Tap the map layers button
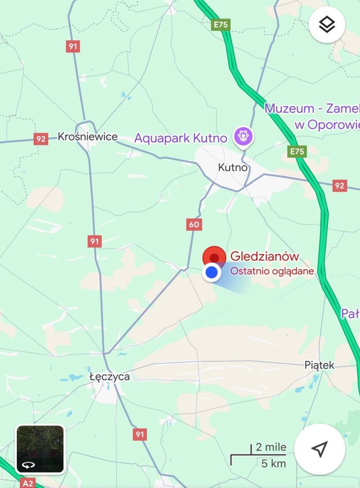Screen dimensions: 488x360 point(326,24)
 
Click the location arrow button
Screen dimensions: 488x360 point(319,449)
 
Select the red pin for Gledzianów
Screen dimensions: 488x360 point(214,257)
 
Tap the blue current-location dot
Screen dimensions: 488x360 point(211,273)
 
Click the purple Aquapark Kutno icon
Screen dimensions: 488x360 point(243,136)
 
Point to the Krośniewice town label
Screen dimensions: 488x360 point(87,137)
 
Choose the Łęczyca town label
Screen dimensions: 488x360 point(109,377)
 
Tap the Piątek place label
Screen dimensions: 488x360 point(319,365)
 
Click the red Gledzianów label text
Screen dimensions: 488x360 point(265,257)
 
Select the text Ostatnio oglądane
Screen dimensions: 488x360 point(272,271)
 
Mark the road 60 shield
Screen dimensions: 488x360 point(194,224)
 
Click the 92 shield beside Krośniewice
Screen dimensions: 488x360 point(41,139)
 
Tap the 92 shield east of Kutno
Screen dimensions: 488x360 point(340,186)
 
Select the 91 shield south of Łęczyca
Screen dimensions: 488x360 point(140,434)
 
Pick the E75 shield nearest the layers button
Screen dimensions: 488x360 point(221,24)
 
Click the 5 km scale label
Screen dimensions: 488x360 point(274,463)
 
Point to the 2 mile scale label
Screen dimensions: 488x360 point(271,448)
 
